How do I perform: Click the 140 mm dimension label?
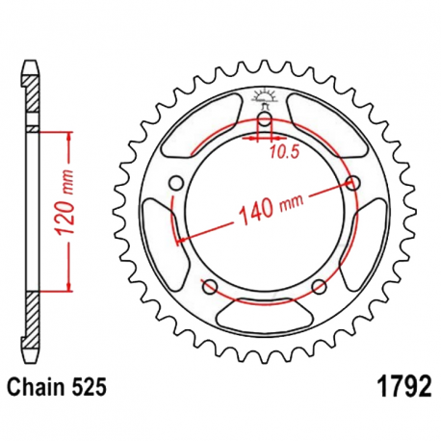[x=272, y=209]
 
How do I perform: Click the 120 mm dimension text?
[x=64, y=202]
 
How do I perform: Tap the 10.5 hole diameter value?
[x=284, y=152]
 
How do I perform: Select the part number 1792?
[x=405, y=387]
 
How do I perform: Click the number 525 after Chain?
[x=90, y=387]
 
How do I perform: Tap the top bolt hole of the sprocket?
[x=265, y=119]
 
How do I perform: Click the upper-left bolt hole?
[x=175, y=184]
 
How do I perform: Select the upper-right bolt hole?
[x=353, y=183]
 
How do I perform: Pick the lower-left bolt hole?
[x=210, y=286]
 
